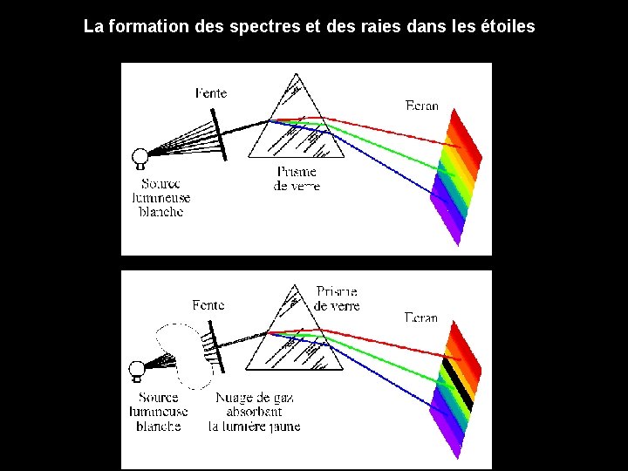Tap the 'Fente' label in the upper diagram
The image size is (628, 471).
[x=213, y=92]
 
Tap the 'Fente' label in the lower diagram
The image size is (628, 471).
[x=208, y=305]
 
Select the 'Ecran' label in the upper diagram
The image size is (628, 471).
[x=422, y=106]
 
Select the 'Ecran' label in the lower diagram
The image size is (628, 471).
[x=421, y=317]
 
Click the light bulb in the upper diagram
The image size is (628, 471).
[x=139, y=158]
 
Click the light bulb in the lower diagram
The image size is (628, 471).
[x=136, y=370]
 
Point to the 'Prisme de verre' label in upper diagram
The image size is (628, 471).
[x=297, y=179]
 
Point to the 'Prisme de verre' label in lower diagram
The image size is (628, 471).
[x=337, y=298]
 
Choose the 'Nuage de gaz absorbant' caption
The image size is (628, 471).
[x=254, y=412]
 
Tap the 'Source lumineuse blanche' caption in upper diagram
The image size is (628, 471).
[x=161, y=198]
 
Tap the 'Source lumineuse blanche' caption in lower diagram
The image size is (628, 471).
[x=158, y=412]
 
